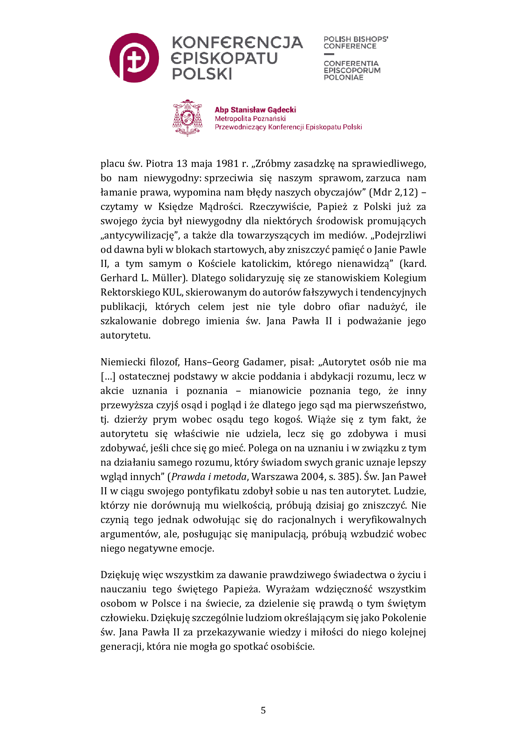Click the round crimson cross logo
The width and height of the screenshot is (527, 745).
coord(134,58)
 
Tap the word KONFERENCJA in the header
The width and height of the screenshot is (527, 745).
coord(237,42)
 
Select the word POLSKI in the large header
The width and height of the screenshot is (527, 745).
coord(202,74)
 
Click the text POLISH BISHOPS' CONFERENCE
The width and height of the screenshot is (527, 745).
coord(355,42)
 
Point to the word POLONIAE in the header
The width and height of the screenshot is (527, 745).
coord(343,77)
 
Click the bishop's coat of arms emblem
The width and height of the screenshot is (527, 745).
coord(187,118)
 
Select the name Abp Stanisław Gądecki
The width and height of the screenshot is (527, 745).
coord(255,110)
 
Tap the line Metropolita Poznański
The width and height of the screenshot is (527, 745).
coord(250,118)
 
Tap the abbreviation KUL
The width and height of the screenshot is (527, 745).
coord(172,292)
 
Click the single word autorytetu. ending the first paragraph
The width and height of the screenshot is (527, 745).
coord(125,335)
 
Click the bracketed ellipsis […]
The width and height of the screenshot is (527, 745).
coord(108,376)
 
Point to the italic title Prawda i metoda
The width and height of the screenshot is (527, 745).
coord(209,477)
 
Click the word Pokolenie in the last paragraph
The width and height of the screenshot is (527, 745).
coord(404,618)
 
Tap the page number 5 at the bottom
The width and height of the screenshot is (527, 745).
coord(263,710)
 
